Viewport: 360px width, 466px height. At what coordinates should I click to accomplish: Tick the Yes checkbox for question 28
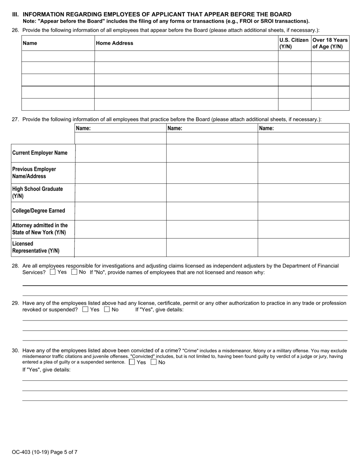[53, 272]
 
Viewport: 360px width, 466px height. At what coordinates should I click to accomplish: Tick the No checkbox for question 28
[74, 272]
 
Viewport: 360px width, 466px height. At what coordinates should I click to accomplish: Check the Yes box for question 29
[85, 310]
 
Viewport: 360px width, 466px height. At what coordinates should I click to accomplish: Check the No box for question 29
[107, 310]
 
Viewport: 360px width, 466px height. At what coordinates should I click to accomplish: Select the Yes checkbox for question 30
[132, 362]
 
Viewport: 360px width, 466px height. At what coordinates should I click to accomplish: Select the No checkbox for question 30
[153, 362]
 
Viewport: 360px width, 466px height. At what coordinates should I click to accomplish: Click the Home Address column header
[114, 43]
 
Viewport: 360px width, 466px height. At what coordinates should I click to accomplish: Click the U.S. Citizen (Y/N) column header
[294, 43]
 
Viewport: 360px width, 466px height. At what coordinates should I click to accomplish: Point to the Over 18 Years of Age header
[330, 43]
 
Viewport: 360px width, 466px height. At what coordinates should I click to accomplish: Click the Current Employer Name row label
[40, 153]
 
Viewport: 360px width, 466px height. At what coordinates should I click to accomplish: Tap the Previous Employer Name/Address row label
[34, 173]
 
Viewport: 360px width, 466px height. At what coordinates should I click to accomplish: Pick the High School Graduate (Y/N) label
[38, 192]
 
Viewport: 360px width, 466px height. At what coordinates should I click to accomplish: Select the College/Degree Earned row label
[39, 211]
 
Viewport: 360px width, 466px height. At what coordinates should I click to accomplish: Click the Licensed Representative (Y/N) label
[36, 247]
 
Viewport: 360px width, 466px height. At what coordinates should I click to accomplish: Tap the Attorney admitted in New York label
[40, 229]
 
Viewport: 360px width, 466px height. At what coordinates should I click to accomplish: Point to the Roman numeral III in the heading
[15, 14]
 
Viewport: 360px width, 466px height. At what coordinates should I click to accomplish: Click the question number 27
[15, 119]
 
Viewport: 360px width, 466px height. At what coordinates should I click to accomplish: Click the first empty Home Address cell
[186, 56]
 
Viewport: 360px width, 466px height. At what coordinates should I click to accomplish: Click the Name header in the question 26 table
[30, 43]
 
